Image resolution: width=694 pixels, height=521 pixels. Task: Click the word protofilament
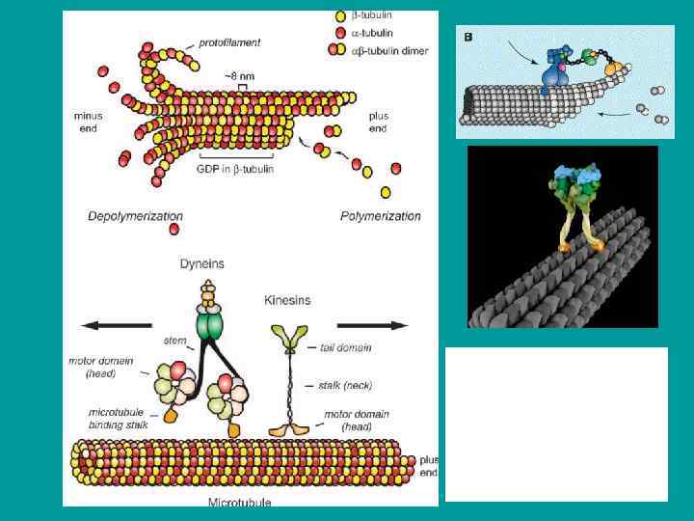pos(229,43)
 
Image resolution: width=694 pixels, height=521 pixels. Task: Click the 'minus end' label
pos(88,123)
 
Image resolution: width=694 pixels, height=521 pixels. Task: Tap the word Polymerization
pos(381,215)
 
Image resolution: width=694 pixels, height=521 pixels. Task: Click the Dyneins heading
pos(203,262)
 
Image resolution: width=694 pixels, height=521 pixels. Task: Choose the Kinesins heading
pos(288,301)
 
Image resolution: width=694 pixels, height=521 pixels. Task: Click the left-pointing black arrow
pos(116,324)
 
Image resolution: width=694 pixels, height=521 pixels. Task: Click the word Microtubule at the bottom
pos(239,502)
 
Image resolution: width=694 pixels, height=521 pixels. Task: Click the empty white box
pos(556,424)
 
